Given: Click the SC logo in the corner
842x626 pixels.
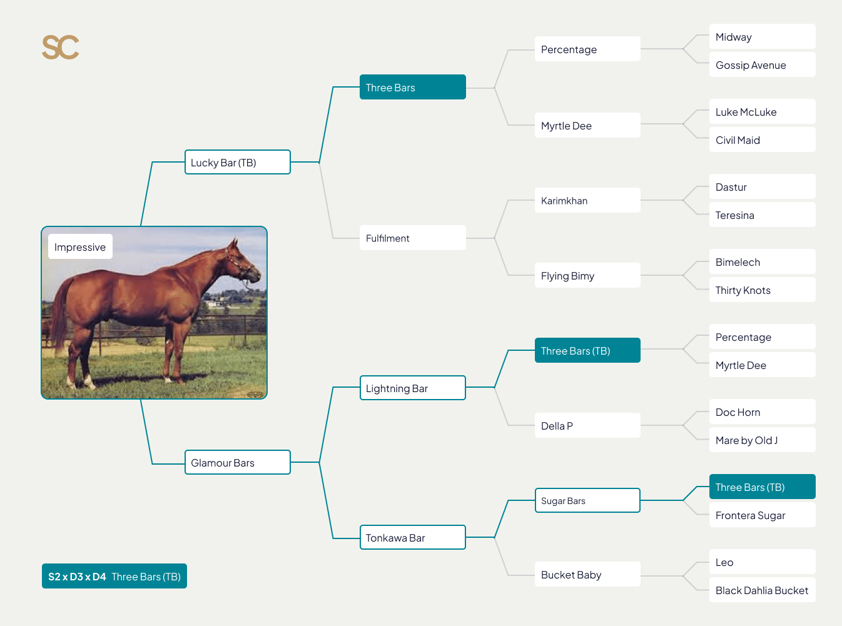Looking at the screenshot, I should [x=61, y=48].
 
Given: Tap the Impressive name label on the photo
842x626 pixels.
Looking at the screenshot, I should [x=80, y=247].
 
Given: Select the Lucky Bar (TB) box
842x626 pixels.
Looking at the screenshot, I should [x=237, y=163].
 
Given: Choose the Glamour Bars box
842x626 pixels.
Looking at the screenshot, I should [x=237, y=463].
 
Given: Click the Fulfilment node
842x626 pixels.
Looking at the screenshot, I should [x=412, y=238].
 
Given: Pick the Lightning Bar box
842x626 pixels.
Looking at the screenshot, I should [x=412, y=388].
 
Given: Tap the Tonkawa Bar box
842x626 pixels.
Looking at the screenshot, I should [x=412, y=538].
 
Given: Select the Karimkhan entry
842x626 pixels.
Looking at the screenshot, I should [x=587, y=201].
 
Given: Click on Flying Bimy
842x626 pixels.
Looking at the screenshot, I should [x=587, y=276].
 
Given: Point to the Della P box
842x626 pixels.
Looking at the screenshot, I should [x=587, y=426].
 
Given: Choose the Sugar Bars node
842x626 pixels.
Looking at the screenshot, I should [x=587, y=501].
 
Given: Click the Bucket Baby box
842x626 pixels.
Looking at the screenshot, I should [x=587, y=575].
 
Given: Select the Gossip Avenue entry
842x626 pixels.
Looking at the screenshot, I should [x=762, y=65].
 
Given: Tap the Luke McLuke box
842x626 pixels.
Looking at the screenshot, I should [x=762, y=112].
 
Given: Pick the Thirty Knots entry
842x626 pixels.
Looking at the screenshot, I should [x=762, y=290].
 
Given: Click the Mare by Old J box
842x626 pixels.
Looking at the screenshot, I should [x=762, y=440].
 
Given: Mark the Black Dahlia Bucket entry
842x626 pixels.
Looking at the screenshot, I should [x=762, y=590].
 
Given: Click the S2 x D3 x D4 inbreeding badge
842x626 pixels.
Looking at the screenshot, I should [x=114, y=577].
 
